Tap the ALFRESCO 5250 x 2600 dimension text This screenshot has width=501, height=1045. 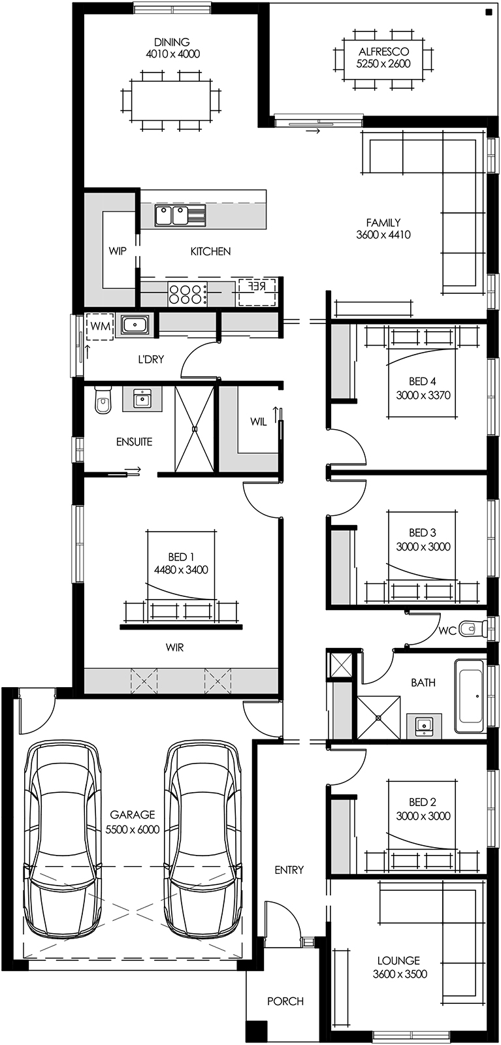click(x=383, y=63)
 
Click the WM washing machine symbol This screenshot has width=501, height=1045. click(x=101, y=326)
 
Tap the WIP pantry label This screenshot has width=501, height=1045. click(x=118, y=251)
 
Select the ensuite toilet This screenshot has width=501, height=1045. click(x=103, y=401)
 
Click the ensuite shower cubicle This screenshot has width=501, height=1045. click(x=194, y=428)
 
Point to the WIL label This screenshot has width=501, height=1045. click(x=259, y=422)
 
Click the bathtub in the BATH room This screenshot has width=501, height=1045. click(x=469, y=696)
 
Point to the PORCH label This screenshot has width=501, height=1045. click(x=285, y=1001)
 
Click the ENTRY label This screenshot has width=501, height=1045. click(x=289, y=870)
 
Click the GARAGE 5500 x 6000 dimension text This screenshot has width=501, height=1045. click(x=133, y=829)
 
